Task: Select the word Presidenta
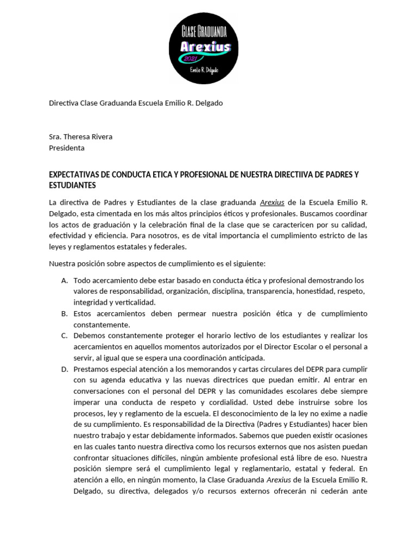pos(67,148)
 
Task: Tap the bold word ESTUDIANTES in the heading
pos(72,186)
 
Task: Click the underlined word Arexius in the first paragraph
pos(272,202)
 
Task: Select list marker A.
pos(65,281)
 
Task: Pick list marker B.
pos(65,314)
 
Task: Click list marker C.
pos(65,336)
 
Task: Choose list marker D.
pos(65,369)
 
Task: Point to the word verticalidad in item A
pos(135,302)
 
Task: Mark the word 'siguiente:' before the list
pos(249,263)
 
